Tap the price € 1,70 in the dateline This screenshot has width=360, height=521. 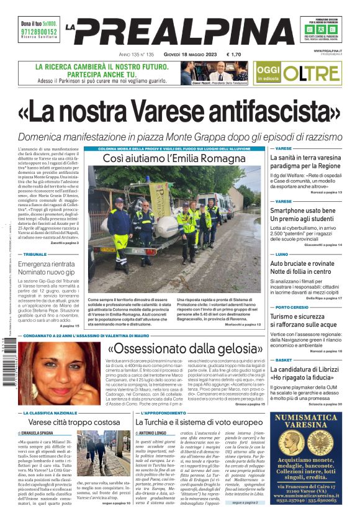(x=235, y=55)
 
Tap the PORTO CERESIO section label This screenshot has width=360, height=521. (x=292, y=307)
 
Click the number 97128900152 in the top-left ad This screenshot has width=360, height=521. (x=38, y=32)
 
